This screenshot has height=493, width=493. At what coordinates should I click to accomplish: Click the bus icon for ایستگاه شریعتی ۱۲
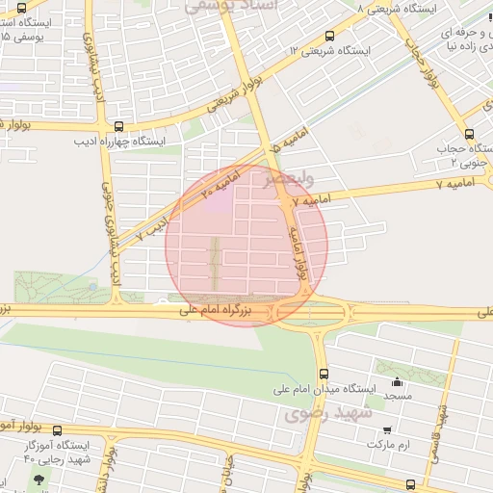click(330, 37)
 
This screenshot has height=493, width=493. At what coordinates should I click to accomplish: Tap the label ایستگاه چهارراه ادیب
click(120, 141)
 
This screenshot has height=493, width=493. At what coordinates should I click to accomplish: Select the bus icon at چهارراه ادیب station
click(118, 125)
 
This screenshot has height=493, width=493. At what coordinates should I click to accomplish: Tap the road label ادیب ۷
click(153, 228)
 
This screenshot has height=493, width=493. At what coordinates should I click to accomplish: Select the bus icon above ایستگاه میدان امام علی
click(323, 373)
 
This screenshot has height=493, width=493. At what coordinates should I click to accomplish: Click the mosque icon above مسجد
click(397, 381)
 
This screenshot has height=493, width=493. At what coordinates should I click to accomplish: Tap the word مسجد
click(397, 396)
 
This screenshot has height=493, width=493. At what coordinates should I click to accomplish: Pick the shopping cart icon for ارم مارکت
click(387, 430)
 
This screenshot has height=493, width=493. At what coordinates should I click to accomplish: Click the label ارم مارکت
click(389, 446)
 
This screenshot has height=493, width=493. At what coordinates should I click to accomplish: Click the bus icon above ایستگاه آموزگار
click(57, 431)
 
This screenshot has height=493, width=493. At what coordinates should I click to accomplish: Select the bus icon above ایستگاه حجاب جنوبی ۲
click(469, 134)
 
